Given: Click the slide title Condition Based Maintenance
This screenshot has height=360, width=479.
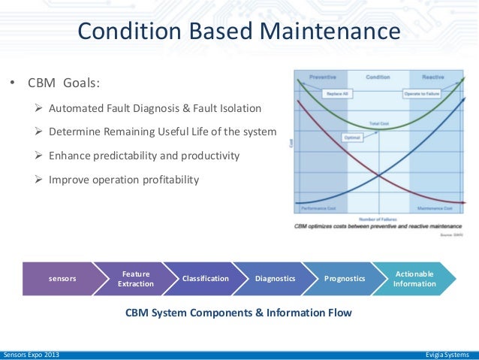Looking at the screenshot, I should tap(239, 31).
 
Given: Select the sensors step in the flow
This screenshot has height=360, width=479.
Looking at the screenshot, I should tap(62, 279).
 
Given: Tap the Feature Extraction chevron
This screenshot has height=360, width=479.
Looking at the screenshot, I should tap(135, 279).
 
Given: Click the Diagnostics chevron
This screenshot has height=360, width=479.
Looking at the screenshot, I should tap(276, 279).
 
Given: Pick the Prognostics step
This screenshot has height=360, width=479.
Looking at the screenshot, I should tap(345, 279).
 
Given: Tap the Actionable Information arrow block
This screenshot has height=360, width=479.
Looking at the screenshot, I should tap(414, 279).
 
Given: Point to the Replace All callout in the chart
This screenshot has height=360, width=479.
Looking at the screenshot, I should tap(333, 93).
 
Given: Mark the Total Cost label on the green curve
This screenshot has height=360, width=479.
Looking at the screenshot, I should tap(378, 123).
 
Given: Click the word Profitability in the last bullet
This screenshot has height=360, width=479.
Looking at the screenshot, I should tap(170, 179).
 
